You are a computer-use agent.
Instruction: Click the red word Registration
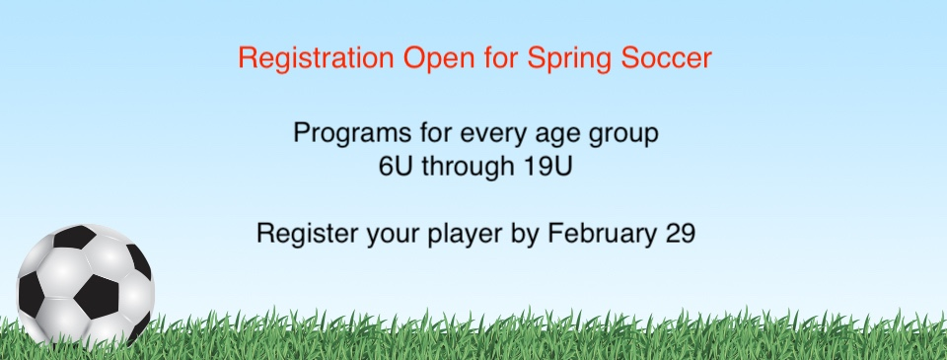tap(316, 59)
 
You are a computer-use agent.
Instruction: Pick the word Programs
tap(352, 133)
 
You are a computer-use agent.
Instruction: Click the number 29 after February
tap(681, 233)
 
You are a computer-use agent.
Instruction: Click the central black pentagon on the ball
tap(97, 297)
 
